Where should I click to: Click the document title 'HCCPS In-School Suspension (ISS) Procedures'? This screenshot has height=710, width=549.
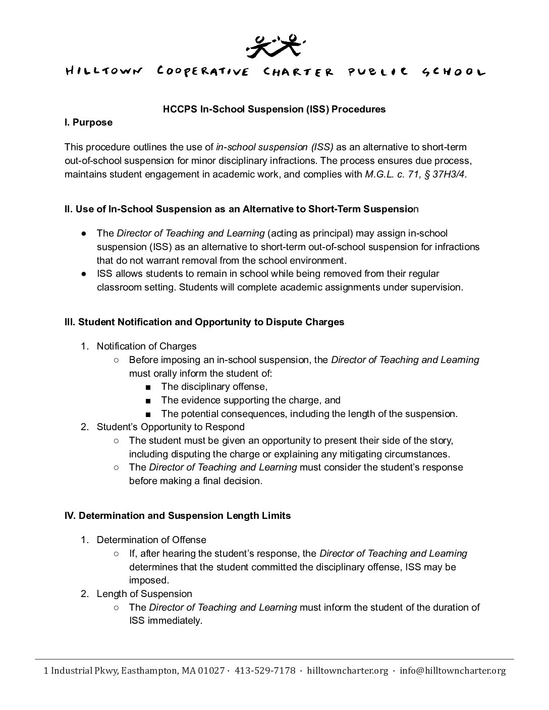(274, 109)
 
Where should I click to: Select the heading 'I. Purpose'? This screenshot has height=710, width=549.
(88, 123)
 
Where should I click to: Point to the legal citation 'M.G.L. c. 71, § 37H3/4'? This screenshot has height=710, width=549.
(414, 174)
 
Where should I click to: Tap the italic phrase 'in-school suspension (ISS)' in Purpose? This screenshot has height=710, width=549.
(274, 147)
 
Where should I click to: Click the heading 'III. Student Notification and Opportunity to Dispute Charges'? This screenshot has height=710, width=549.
(204, 322)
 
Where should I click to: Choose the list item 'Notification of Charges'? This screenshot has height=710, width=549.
(146, 346)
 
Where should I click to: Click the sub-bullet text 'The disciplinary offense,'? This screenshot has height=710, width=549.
(214, 387)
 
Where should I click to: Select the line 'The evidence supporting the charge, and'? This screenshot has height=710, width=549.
(250, 400)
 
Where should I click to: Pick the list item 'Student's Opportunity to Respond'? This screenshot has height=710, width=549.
(171, 427)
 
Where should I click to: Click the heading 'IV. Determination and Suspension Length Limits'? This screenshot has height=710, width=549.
(178, 515)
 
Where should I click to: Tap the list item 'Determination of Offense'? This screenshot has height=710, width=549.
(151, 540)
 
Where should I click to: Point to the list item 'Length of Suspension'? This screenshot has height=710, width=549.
(144, 594)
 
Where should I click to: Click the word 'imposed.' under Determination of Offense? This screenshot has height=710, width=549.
(149, 580)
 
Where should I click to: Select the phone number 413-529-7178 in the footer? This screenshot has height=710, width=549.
(265, 671)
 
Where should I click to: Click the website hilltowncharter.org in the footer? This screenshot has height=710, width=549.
(348, 671)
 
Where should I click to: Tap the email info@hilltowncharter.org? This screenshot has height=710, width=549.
(452, 671)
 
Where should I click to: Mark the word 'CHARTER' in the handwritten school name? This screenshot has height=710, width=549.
(299, 72)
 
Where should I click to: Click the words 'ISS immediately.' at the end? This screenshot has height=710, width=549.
(166, 621)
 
